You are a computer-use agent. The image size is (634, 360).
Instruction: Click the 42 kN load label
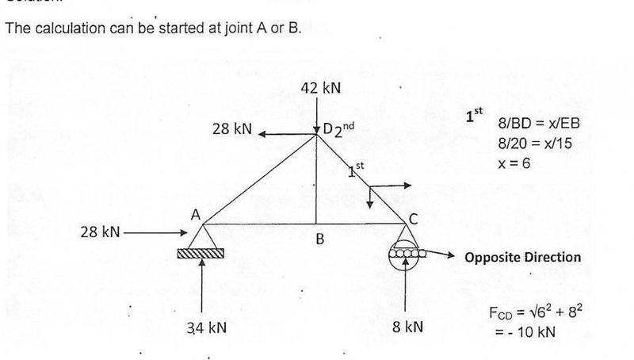click(x=321, y=88)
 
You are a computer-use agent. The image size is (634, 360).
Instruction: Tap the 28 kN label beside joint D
click(x=232, y=129)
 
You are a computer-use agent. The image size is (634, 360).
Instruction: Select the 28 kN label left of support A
click(x=101, y=232)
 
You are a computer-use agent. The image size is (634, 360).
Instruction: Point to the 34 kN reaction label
click(x=207, y=327)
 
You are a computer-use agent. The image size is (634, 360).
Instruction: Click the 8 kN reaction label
click(x=407, y=327)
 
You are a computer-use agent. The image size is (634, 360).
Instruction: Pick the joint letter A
click(x=196, y=215)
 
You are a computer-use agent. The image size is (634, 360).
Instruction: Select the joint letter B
click(x=320, y=239)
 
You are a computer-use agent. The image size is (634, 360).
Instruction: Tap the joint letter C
click(x=413, y=219)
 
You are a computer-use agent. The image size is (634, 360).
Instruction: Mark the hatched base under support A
click(x=201, y=253)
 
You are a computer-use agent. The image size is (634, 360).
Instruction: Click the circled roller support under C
click(x=405, y=254)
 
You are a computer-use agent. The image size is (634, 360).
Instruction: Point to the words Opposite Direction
click(x=523, y=257)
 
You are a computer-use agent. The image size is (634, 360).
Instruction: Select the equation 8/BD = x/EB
click(x=539, y=123)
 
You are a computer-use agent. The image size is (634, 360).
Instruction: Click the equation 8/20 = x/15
click(x=535, y=144)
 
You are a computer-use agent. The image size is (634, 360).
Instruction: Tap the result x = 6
click(x=514, y=163)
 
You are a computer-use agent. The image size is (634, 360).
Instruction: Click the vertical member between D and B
click(x=316, y=179)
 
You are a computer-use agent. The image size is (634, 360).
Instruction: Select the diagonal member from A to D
click(x=260, y=179)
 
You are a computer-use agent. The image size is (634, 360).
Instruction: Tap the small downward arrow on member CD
click(x=369, y=197)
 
